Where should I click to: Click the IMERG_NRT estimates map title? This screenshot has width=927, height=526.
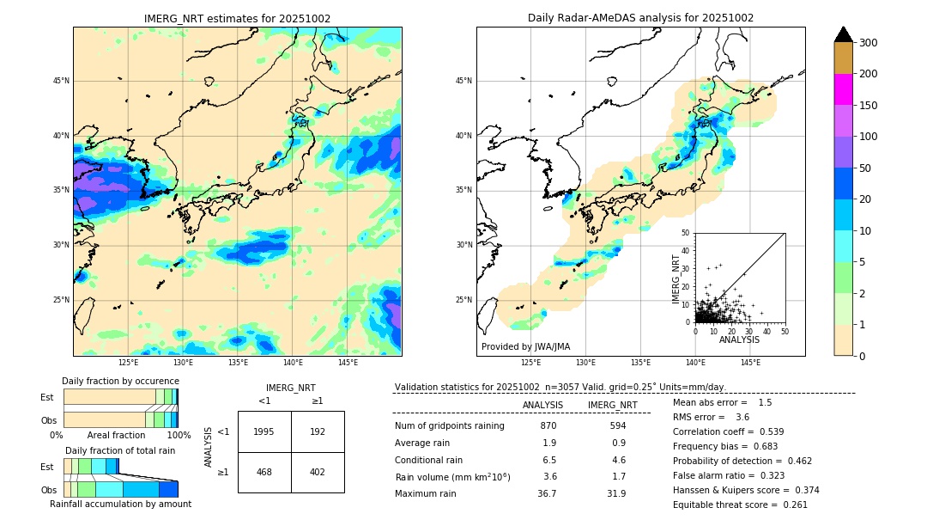click(237, 18)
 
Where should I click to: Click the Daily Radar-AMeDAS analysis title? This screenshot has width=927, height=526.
click(640, 18)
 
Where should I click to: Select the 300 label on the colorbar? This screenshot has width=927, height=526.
click(869, 43)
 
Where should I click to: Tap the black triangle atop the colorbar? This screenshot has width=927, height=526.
click(844, 34)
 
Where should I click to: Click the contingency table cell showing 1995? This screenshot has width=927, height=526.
click(264, 431)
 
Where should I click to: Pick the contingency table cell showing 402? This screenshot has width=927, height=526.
click(318, 472)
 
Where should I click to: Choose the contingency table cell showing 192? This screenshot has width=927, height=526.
click(318, 431)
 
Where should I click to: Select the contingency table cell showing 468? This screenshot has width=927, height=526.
click(264, 472)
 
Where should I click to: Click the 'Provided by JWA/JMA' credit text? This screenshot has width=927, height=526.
click(525, 346)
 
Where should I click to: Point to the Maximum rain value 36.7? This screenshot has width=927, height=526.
click(547, 493)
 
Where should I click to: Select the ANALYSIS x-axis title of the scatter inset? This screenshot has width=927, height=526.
click(739, 340)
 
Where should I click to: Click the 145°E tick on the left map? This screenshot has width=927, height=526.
click(348, 363)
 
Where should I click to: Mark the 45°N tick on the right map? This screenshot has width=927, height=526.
click(463, 81)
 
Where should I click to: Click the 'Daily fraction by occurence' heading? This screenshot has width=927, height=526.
click(119, 381)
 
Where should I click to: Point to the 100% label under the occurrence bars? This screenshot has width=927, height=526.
click(179, 436)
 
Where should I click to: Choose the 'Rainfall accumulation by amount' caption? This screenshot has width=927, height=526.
click(120, 505)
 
